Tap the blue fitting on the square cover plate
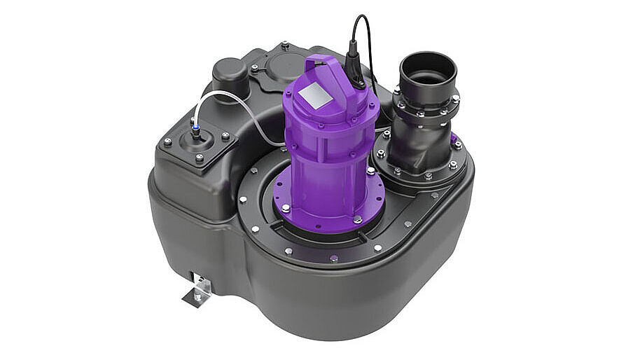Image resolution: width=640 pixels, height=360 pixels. (x=195, y=130)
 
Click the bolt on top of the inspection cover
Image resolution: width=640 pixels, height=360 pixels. (x=285, y=46)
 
